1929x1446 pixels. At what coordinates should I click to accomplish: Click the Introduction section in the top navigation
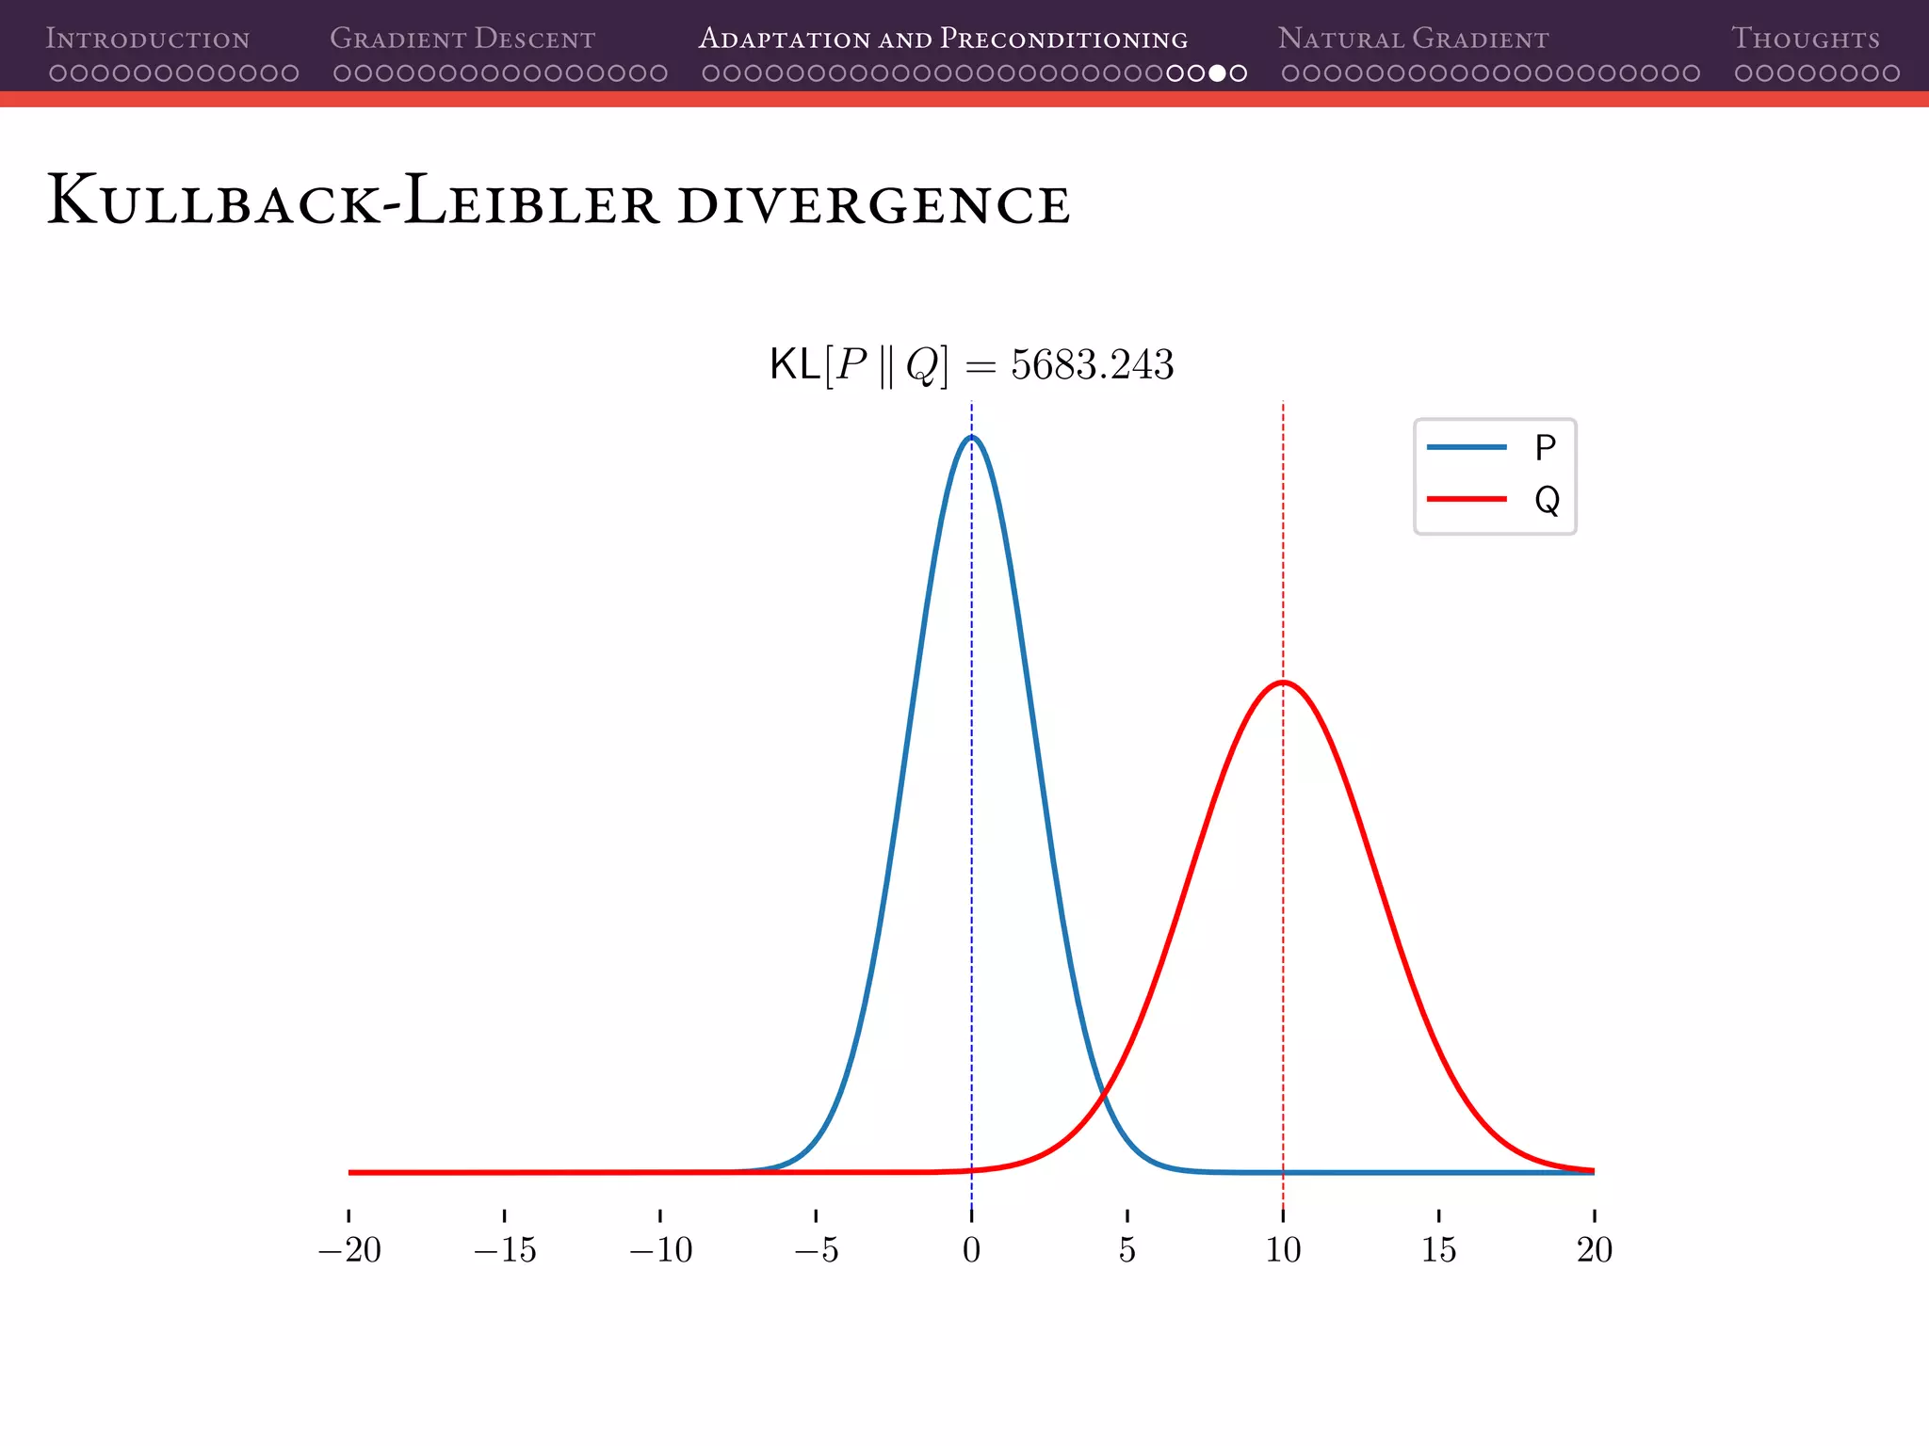tap(148, 39)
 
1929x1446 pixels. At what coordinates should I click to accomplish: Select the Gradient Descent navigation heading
tap(462, 39)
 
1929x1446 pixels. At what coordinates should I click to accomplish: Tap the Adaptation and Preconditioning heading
tap(943, 39)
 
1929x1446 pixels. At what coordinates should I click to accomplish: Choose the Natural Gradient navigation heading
tap(1413, 39)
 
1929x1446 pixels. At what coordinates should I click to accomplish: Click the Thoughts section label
tap(1806, 39)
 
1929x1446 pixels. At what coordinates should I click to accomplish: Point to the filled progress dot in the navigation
tap(1217, 73)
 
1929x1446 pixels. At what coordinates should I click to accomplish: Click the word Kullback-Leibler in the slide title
tap(353, 201)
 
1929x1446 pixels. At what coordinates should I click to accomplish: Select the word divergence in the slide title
tap(873, 204)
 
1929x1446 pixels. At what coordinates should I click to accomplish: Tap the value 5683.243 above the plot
tap(1093, 365)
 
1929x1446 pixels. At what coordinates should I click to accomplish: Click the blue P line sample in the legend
tap(1467, 447)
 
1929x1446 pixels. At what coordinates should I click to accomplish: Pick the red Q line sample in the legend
tap(1467, 499)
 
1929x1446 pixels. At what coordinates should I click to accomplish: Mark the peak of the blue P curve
tap(972, 437)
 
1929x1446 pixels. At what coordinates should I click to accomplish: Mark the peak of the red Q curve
tap(1283, 682)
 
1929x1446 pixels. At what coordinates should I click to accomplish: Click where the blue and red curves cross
tap(1104, 1092)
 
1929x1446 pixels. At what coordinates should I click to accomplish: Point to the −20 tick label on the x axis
tap(349, 1250)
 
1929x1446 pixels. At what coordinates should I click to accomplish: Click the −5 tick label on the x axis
tap(816, 1250)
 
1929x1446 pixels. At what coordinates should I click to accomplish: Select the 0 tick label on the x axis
tap(972, 1250)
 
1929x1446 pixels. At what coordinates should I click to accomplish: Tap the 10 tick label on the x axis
tap(1283, 1250)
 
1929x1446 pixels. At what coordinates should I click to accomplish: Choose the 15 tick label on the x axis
tap(1438, 1250)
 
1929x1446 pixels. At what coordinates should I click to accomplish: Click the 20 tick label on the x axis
tap(1595, 1250)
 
